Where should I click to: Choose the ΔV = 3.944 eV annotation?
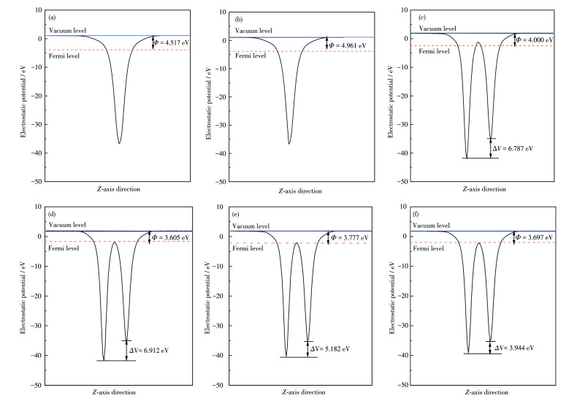[x=514, y=348]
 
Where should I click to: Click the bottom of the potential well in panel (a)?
[x=119, y=143]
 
